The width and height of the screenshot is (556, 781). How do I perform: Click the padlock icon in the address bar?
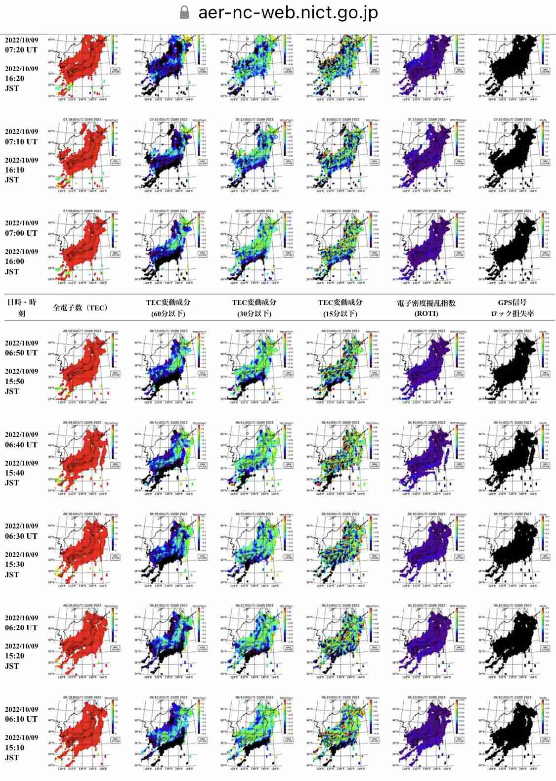tap(184, 12)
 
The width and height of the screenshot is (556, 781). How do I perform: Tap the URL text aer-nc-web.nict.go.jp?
tap(288, 12)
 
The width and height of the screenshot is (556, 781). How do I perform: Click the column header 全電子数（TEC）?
tap(81, 307)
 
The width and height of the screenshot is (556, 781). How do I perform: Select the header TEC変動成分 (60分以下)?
tap(168, 307)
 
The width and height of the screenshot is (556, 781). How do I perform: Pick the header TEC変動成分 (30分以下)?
tap(254, 307)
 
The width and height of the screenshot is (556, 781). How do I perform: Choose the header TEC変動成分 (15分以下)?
tap(340, 307)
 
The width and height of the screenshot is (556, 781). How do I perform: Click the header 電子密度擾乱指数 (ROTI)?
tap(426, 307)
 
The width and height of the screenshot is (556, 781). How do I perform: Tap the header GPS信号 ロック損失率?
tap(512, 307)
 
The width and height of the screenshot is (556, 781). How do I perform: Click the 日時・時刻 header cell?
tap(21, 307)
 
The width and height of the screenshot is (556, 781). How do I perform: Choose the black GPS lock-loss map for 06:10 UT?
tap(513, 732)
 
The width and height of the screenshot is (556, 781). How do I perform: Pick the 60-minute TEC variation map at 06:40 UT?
tap(169, 457)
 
